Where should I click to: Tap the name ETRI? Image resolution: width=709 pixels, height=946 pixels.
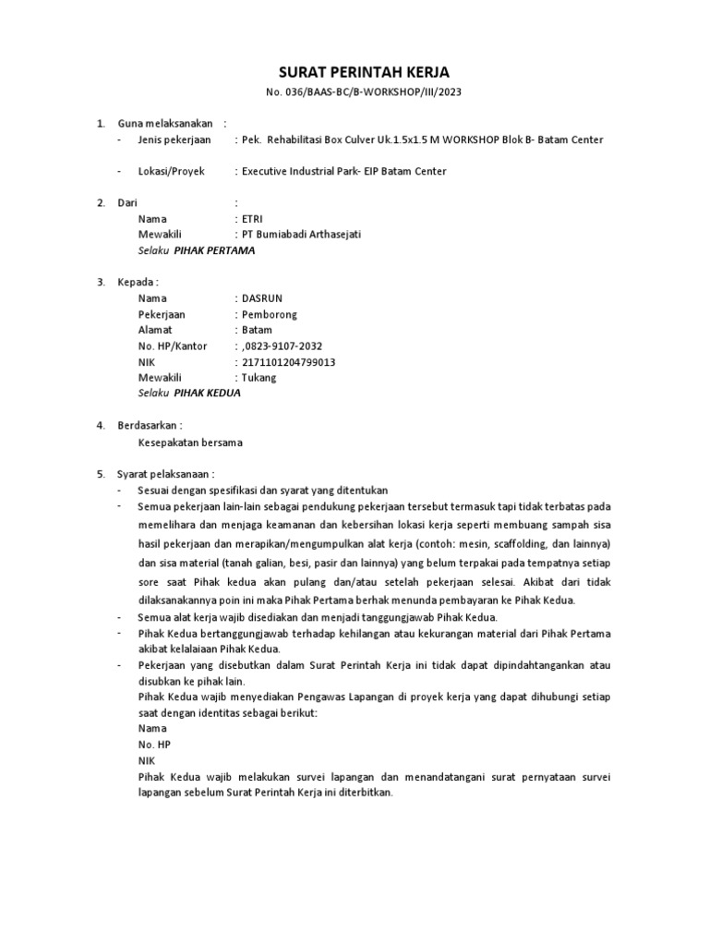252,219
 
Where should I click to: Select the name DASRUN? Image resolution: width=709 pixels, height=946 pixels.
261,298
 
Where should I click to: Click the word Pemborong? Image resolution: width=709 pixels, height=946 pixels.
270,314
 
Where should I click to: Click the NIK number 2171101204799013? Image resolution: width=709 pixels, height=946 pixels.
288,362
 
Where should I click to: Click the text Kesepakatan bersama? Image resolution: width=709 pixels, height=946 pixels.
190,443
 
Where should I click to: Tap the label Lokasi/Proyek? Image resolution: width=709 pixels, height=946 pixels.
171,171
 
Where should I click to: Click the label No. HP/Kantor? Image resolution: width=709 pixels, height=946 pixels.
173,346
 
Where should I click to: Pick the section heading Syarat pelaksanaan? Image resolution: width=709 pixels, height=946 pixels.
165,474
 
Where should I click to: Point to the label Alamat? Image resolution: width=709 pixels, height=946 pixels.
155,330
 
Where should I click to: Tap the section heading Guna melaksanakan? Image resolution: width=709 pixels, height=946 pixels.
164,123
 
